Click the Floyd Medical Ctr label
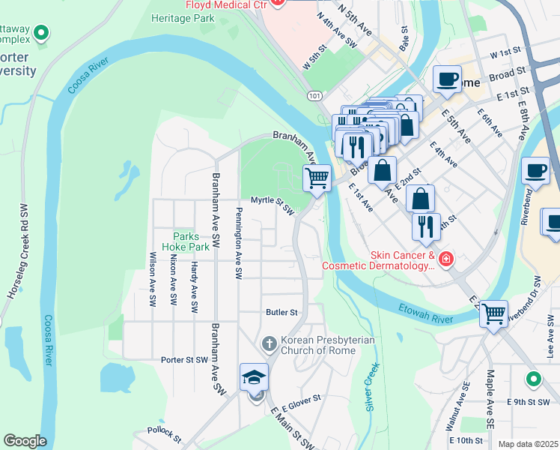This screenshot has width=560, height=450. [x=222, y=4]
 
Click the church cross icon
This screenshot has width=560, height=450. [x=270, y=344]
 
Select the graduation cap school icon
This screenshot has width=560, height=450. [x=254, y=377]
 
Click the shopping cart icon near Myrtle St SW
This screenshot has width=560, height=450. [x=317, y=178]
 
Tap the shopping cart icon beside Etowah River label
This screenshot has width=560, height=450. [x=493, y=313]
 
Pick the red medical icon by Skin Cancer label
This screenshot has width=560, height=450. [x=445, y=259]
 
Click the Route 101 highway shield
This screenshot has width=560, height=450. [x=314, y=95]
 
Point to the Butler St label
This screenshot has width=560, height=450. [x=281, y=312]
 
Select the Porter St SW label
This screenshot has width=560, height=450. [x=183, y=360]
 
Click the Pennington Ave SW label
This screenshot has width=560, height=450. [x=238, y=244]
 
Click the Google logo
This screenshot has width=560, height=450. [x=24, y=441]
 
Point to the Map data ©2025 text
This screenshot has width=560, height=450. [x=528, y=444]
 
